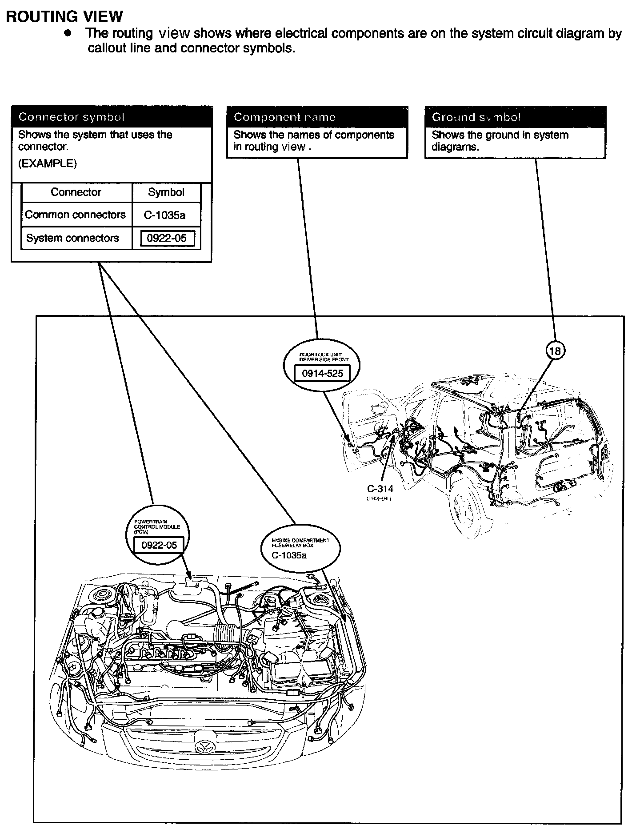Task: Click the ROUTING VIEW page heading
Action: click(x=64, y=16)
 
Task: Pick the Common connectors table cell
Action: click(x=76, y=215)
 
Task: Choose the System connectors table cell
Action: click(x=72, y=238)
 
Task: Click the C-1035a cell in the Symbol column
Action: click(x=165, y=215)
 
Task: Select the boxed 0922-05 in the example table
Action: click(x=167, y=239)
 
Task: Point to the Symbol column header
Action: click(x=166, y=192)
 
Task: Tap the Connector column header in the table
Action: click(x=76, y=192)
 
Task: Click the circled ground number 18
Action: click(x=555, y=351)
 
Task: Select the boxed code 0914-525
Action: click(x=323, y=374)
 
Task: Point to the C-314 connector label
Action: click(x=380, y=489)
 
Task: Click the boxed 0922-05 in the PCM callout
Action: click(x=159, y=545)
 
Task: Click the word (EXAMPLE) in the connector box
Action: click(x=47, y=163)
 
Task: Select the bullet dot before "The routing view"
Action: click(x=68, y=34)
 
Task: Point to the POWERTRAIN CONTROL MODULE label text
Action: click(x=151, y=526)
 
